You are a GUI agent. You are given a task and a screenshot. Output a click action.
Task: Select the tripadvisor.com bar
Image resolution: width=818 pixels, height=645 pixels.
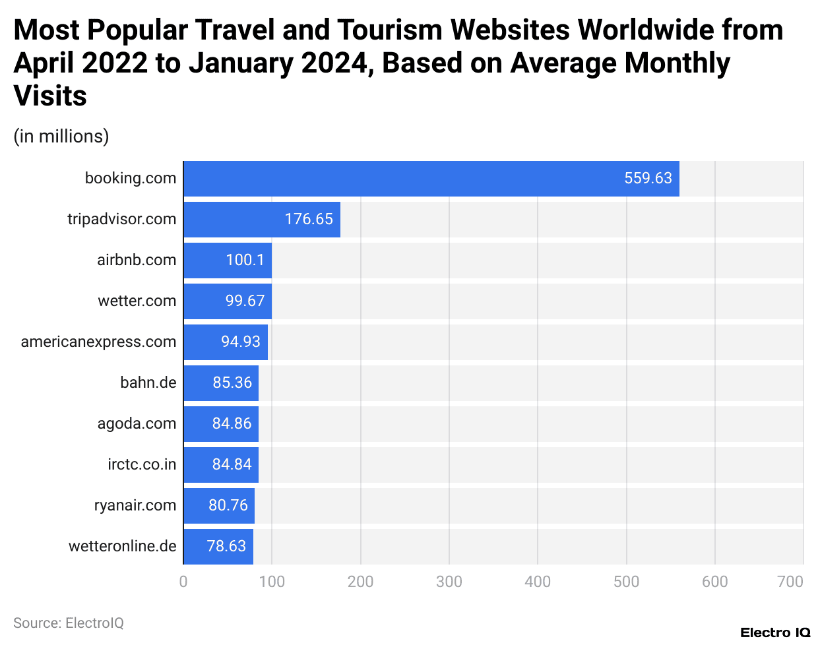pyautogui.click(x=261, y=220)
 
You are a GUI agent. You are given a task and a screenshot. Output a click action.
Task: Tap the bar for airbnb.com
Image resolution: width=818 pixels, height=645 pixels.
pyautogui.click(x=227, y=261)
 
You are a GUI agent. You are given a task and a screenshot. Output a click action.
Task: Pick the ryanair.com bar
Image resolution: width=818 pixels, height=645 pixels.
pyautogui.click(x=218, y=506)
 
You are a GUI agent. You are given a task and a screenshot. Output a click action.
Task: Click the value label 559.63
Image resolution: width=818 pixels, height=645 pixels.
pyautogui.click(x=648, y=178)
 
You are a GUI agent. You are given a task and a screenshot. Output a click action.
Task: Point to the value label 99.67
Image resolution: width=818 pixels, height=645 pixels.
pyautogui.click(x=245, y=301)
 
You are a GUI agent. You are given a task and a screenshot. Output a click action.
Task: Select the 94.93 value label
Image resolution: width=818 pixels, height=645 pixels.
pyautogui.click(x=241, y=342)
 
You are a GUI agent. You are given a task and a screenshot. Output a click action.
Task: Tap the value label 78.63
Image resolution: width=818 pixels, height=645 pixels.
pyautogui.click(x=226, y=546)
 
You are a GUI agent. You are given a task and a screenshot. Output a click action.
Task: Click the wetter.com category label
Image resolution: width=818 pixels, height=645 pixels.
pyautogui.click(x=137, y=301)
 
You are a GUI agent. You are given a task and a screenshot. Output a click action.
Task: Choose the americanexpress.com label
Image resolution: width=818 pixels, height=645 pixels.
pyautogui.click(x=98, y=342)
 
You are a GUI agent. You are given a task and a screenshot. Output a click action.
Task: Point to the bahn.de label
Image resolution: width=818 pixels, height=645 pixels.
pyautogui.click(x=148, y=383)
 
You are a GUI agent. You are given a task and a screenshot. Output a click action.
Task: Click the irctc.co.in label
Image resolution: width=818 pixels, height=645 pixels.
pyautogui.click(x=142, y=464)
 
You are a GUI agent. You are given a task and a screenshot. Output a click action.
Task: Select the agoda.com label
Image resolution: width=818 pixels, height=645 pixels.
pyautogui.click(x=137, y=423)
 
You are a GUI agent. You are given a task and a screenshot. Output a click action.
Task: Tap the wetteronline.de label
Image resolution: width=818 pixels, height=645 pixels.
pyautogui.click(x=122, y=546)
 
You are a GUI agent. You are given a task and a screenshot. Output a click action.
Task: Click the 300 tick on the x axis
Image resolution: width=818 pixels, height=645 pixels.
pyautogui.click(x=449, y=582)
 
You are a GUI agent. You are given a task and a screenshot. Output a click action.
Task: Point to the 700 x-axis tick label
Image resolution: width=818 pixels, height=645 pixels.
pyautogui.click(x=790, y=582)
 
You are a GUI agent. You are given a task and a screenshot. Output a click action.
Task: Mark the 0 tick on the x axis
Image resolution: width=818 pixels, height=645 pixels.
pyautogui.click(x=183, y=582)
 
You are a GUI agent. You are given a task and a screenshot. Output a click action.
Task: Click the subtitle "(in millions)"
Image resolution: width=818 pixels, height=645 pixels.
pyautogui.click(x=61, y=137)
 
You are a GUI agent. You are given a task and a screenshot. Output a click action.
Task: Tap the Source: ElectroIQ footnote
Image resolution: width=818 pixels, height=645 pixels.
pyautogui.click(x=69, y=623)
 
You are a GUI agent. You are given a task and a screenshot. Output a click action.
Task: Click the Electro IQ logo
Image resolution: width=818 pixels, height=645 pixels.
pyautogui.click(x=774, y=632)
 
